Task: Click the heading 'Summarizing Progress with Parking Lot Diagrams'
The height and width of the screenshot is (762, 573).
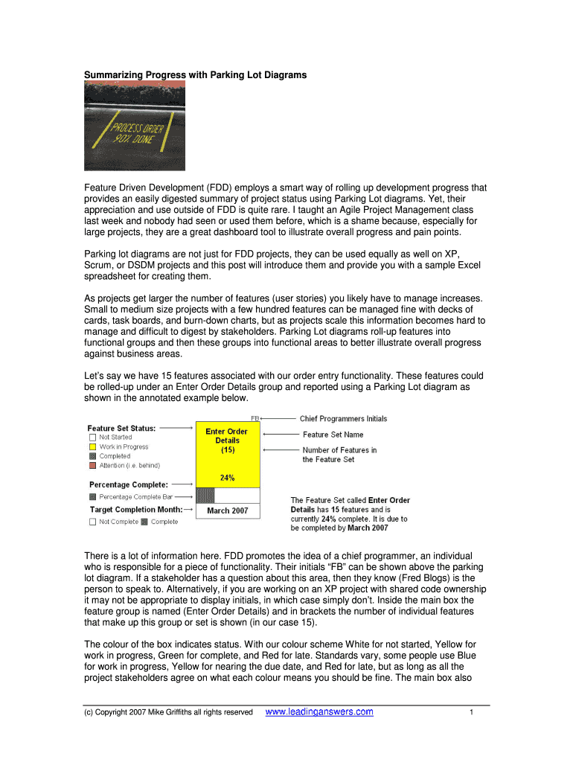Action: click(x=195, y=75)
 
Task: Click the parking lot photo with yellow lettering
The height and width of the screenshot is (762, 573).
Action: click(x=135, y=126)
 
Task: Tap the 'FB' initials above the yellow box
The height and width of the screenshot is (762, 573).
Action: click(x=255, y=419)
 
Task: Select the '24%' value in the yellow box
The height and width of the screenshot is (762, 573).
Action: click(x=228, y=478)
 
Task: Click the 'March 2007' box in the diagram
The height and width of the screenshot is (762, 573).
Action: click(x=228, y=510)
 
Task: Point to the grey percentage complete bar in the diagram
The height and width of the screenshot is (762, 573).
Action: click(x=205, y=495)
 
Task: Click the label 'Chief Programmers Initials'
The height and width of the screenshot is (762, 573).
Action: click(x=343, y=419)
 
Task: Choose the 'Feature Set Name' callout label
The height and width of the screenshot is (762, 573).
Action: click(x=333, y=435)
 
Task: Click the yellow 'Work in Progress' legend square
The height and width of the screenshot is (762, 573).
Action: click(x=92, y=446)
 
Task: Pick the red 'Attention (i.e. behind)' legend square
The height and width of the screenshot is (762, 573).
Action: click(x=92, y=465)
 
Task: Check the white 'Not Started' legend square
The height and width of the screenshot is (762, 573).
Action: click(x=92, y=438)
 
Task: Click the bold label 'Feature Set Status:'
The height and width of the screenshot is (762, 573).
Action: click(x=121, y=428)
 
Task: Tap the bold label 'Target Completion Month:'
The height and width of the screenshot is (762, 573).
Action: click(x=136, y=509)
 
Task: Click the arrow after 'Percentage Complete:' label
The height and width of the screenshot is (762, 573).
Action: click(x=181, y=484)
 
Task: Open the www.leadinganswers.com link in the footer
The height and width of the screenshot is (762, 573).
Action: click(x=319, y=712)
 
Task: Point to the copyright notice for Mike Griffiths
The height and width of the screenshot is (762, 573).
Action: click(x=168, y=713)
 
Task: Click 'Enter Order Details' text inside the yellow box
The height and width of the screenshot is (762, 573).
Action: click(x=227, y=435)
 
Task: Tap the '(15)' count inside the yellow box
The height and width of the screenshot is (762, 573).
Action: click(x=228, y=450)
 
